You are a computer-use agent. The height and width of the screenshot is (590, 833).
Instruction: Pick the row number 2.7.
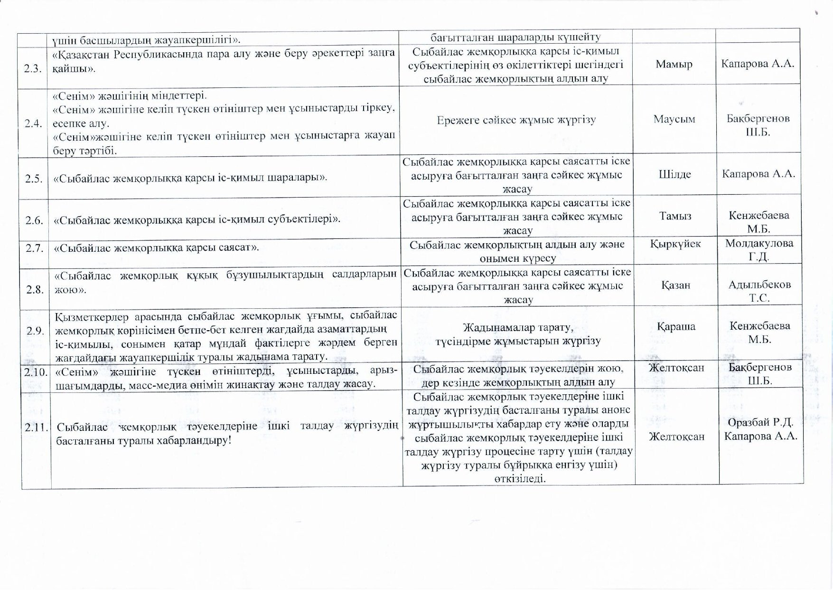[x=34, y=247]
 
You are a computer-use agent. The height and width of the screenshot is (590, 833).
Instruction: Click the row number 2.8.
[x=35, y=289]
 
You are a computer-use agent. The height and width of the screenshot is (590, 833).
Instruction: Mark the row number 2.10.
[x=36, y=371]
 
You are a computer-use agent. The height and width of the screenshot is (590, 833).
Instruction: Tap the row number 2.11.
[x=37, y=427]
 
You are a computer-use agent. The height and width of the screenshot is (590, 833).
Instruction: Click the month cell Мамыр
[x=674, y=64]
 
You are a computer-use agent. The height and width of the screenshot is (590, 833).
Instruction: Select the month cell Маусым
[x=674, y=119]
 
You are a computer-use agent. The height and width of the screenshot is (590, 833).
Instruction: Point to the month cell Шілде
[x=674, y=174]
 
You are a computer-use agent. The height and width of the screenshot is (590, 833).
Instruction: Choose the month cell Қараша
[x=676, y=326]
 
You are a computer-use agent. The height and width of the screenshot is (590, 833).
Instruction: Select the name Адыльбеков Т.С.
[x=759, y=292]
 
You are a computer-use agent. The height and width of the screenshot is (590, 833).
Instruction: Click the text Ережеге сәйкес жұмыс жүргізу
[x=516, y=120]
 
